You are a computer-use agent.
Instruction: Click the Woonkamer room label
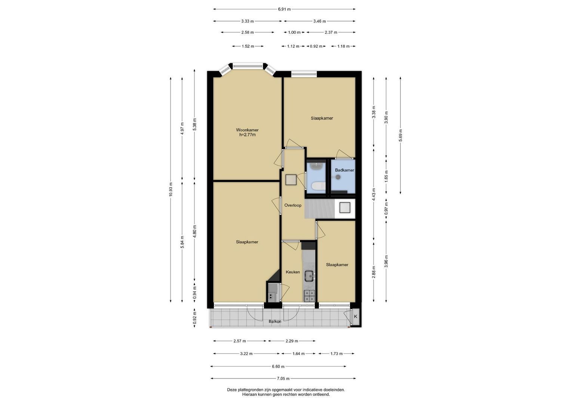pos(247,130)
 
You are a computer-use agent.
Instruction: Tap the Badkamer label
pos(344,170)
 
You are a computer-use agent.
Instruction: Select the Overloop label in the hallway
pos(293,205)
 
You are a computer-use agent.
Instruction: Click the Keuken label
pos(293,272)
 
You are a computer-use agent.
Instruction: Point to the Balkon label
pos(275,321)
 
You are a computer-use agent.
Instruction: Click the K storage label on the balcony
pos(356,316)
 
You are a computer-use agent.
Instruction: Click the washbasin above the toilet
pos(316,166)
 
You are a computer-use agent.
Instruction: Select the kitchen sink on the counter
pos(310,276)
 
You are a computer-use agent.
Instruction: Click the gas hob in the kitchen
pos(309,296)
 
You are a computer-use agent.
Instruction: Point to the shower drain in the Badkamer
pos(338,177)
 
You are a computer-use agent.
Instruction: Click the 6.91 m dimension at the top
pos(284,9)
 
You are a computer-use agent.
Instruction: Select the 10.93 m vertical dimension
pos(171,189)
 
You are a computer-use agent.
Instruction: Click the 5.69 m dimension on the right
pos(400,135)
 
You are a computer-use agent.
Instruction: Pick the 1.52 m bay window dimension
pos(248,46)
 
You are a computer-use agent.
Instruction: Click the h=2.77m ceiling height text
pos(247,135)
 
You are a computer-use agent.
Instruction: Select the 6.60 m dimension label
pos(278,367)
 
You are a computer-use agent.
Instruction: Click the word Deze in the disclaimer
pos(232,390)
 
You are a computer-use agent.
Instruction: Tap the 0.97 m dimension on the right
pos(386,209)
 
